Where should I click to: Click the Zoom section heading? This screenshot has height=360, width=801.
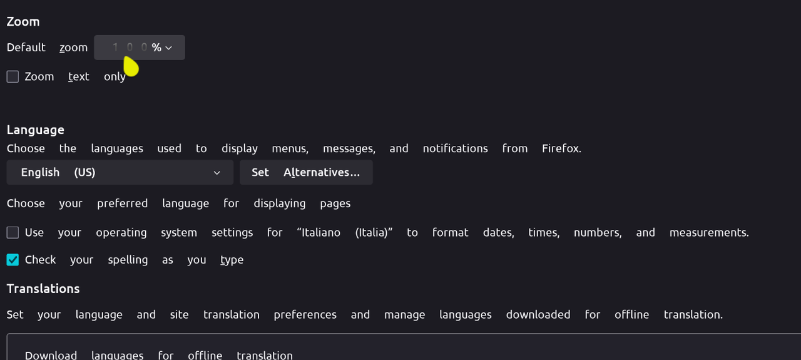23,21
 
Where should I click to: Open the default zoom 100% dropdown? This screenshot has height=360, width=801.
140,48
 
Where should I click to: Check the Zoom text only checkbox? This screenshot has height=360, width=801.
13,76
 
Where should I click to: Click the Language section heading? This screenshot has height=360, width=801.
36,130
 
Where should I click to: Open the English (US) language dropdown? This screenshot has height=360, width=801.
120,172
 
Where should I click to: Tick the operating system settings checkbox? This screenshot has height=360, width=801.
13,232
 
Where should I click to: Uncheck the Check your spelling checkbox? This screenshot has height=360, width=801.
13,260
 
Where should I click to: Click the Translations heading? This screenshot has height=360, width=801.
43,289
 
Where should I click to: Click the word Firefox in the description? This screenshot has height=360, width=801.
561,148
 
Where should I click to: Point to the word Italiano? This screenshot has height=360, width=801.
319,232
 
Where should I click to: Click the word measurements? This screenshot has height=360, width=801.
708,232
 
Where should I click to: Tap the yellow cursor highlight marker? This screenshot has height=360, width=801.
131,66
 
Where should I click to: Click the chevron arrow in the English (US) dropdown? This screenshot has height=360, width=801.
217,173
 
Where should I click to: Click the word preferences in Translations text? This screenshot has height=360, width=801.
305,314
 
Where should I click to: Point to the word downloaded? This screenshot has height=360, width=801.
538,314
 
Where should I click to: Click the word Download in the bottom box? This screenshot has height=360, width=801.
51,355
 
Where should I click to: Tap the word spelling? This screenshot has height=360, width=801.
128,260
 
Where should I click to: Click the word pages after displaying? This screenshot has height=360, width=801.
335,203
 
